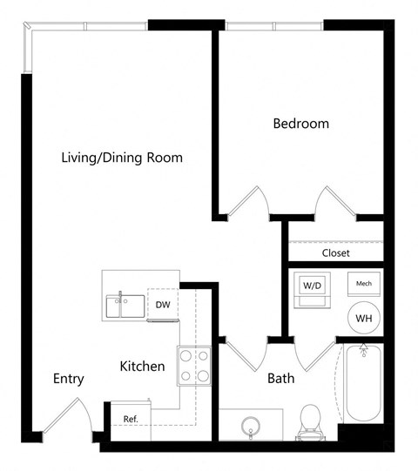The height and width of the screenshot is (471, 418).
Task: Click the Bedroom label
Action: (301, 124)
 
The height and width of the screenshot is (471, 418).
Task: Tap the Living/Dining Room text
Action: (122, 158)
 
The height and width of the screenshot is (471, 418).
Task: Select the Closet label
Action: (335, 253)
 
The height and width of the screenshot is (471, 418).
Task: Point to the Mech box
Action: (363, 285)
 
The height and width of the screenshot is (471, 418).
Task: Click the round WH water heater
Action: (364, 319)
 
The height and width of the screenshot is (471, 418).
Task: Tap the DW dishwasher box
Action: (163, 305)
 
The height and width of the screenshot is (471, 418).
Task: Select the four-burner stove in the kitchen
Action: (195, 366)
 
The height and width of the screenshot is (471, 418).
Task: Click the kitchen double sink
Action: (126, 306)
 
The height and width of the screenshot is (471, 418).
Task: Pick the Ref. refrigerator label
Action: (131, 419)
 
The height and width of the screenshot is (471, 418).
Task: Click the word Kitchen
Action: (142, 367)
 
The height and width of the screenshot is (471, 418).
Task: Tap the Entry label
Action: (68, 379)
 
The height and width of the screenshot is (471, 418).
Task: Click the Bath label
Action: (280, 379)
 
